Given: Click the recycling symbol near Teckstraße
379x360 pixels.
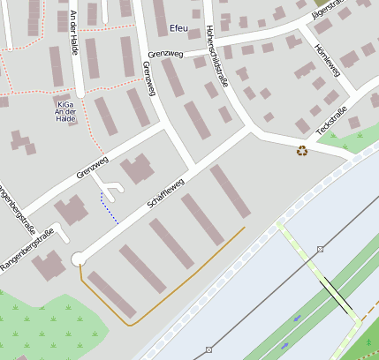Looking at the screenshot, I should (x=302, y=151).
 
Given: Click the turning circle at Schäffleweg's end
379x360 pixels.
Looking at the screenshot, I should (x=78, y=259).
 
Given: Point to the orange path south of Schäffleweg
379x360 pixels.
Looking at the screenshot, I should (x=177, y=284).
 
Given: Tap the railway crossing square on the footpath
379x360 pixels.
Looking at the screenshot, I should (x=320, y=250).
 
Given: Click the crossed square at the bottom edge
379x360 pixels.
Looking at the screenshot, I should (x=208, y=349).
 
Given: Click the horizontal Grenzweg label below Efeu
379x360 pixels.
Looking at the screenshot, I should (x=166, y=53).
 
